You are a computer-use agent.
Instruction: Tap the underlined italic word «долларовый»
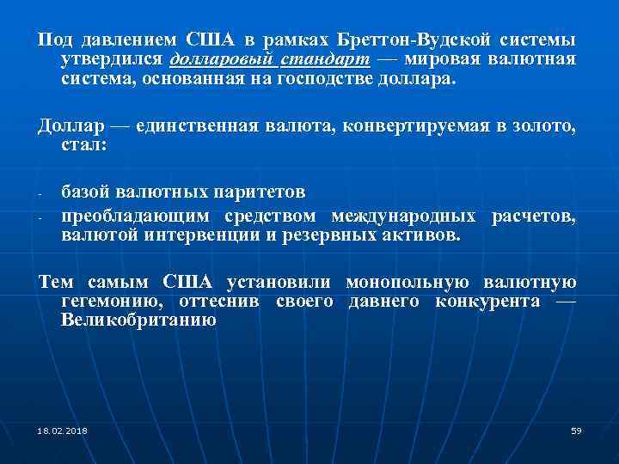pos(223,60)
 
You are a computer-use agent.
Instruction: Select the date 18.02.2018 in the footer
pos(62,430)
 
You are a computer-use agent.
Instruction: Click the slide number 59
pos(576,430)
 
